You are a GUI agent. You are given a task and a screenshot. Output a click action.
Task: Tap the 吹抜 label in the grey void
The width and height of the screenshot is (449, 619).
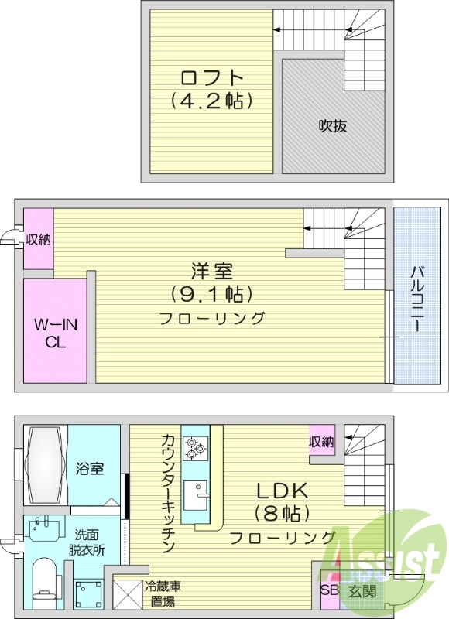[x=332, y=126]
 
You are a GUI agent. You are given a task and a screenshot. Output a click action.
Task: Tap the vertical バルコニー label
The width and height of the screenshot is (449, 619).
[x=416, y=298]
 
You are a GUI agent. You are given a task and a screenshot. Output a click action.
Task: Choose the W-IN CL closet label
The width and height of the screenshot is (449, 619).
[x=55, y=332]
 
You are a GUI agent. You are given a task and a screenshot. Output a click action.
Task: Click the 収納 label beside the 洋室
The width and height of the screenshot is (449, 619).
[x=38, y=239]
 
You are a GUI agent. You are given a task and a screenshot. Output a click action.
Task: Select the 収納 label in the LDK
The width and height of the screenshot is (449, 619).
[x=322, y=442]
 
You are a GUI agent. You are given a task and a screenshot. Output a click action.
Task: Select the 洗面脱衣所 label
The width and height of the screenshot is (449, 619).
[x=91, y=542]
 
